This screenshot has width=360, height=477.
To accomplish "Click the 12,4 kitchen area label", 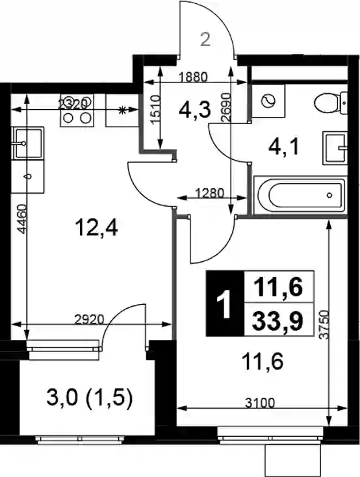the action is pos(97,229).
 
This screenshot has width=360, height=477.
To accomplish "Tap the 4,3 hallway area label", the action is pos(195,110).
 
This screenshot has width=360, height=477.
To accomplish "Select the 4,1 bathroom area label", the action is pos(283,148).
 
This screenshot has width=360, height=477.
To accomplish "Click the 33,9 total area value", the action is pos(277,321).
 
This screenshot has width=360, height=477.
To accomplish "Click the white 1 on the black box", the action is pos(225,304).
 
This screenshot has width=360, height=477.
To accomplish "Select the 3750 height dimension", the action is pos(326,325).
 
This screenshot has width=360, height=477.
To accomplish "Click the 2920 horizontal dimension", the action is pos(89,320).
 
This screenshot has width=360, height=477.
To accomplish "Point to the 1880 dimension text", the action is pos(193,77).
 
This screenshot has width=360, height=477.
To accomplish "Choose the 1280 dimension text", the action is pos(210,193).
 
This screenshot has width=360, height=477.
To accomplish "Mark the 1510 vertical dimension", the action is pos(155,110).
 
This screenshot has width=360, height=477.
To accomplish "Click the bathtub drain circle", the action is pos(329,196).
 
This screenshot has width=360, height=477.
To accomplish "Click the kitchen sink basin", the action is pos(28,143).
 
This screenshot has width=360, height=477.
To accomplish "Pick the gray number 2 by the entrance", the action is pos(205,40).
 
